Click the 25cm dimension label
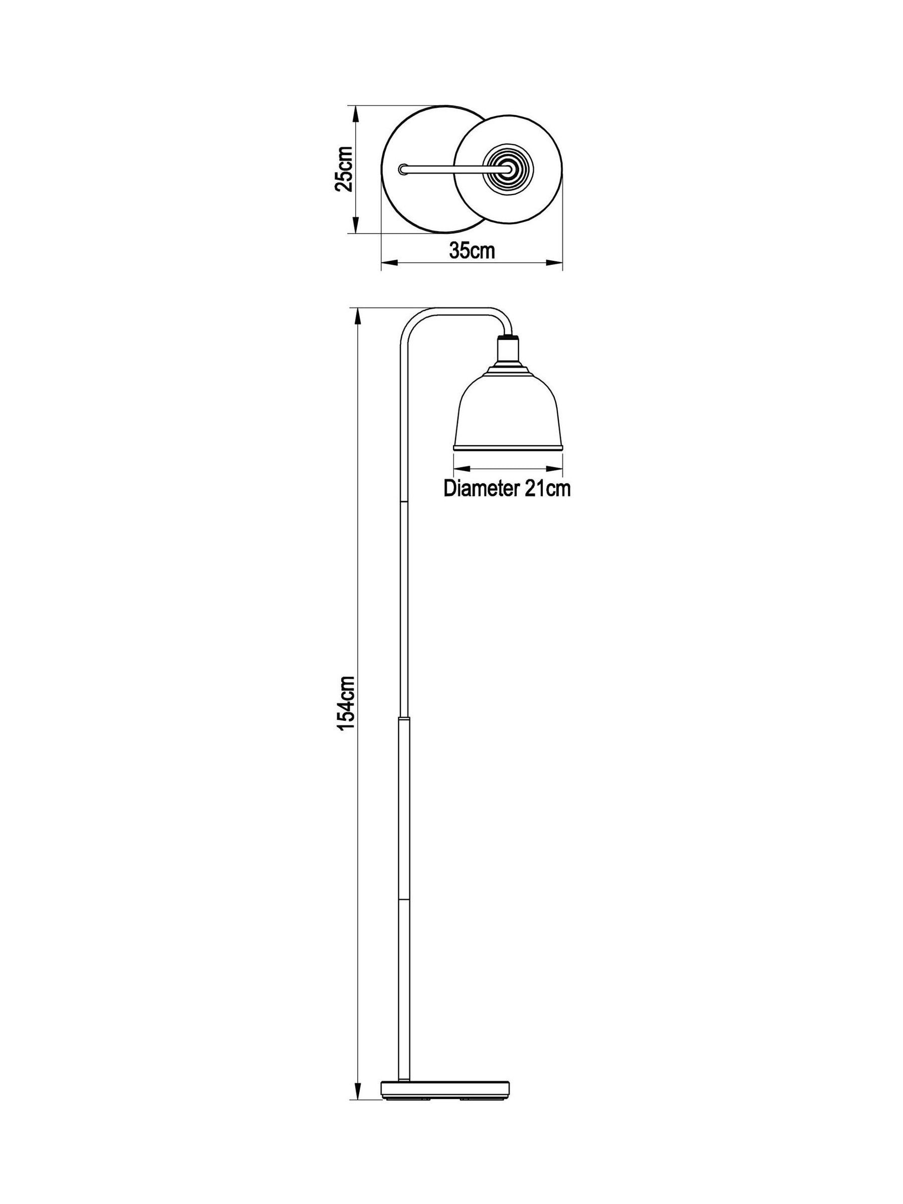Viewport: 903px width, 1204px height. pos(344,168)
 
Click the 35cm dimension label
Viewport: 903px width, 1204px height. pos(472,250)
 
